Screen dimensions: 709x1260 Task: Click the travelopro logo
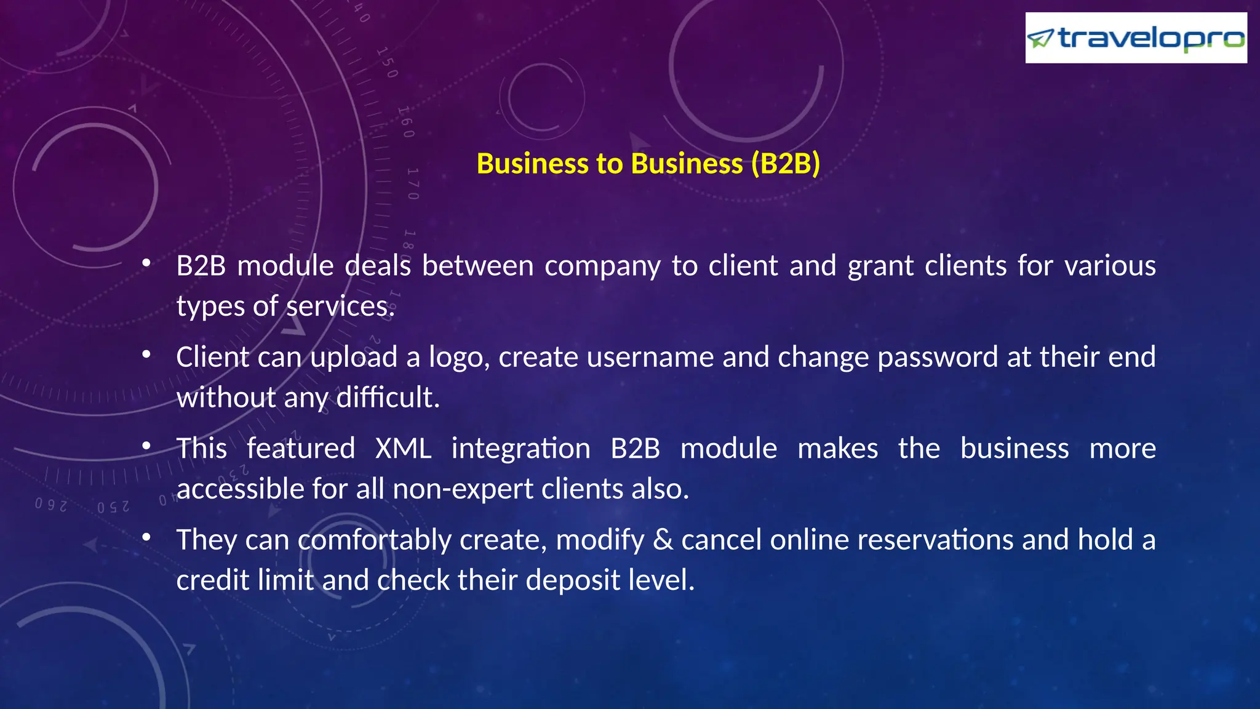coord(1136,38)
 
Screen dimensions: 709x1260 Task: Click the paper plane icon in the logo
coord(1040,39)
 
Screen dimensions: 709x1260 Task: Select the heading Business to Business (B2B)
coord(648,164)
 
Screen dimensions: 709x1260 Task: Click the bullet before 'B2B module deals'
coord(146,264)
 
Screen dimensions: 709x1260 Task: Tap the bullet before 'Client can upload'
coord(146,355)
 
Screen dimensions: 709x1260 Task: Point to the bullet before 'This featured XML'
coord(146,446)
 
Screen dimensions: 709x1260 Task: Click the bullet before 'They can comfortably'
coord(146,538)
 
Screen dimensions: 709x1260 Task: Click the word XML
coord(403,448)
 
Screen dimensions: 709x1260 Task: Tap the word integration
coord(521,449)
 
